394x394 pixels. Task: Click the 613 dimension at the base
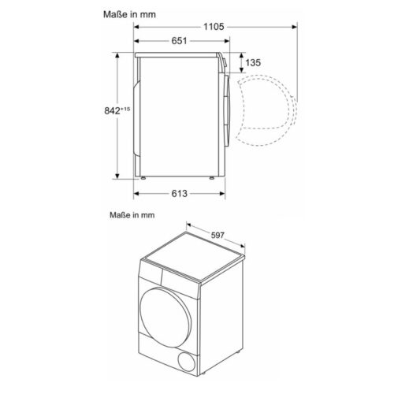[178, 193]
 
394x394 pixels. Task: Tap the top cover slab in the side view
[177, 55]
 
